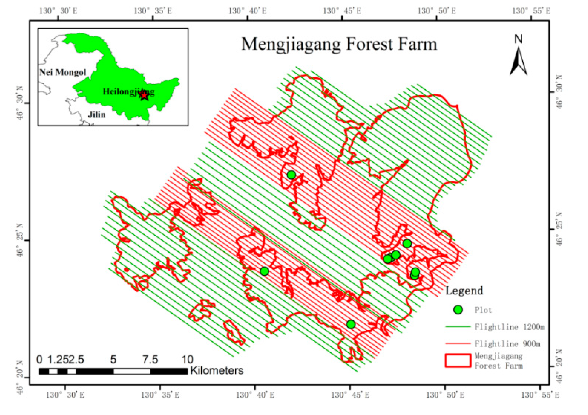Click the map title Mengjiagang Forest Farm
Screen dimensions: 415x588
[339, 44]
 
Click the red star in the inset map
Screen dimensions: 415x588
[144, 96]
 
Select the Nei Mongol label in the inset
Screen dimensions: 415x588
[63, 72]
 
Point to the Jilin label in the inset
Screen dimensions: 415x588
[97, 114]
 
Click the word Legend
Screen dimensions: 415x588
[464, 291]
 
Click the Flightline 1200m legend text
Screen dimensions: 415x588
[509, 327]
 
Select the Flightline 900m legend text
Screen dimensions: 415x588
[507, 344]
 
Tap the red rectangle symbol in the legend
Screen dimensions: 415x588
[458, 361]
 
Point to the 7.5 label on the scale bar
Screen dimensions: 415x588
[150, 360]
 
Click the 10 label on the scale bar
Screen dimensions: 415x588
[187, 360]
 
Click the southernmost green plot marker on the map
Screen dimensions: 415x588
[351, 324]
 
